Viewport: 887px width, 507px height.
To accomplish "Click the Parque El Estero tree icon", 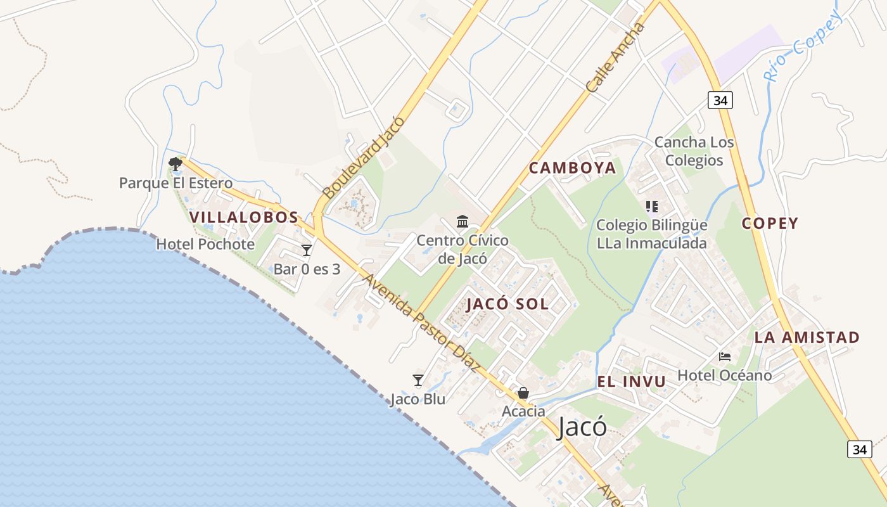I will (175, 165).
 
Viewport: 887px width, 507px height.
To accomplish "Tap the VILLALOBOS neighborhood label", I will (243, 217).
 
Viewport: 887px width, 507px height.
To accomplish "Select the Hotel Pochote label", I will (205, 244).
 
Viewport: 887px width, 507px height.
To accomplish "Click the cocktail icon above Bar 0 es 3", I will (307, 250).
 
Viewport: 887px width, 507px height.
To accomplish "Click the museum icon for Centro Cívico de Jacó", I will (463, 222).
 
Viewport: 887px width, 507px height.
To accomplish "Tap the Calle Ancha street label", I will (615, 58).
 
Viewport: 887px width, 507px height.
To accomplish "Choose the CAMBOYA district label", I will (572, 168).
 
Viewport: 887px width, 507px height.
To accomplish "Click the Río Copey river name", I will (803, 46).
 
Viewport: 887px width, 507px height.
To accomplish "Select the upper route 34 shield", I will (720, 100).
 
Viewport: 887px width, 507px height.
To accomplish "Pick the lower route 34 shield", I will (859, 449).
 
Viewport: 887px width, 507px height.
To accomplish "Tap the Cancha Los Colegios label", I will (694, 151).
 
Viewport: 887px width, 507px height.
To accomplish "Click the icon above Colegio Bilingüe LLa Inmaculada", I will (651, 207).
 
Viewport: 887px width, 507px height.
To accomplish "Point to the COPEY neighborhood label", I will (770, 223).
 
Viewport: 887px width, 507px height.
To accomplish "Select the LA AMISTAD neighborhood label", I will (807, 337).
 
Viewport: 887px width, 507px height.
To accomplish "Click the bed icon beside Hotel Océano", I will (725, 357).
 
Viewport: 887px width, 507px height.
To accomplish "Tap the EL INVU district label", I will (631, 382).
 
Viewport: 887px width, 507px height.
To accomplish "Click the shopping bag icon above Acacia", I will (523, 394).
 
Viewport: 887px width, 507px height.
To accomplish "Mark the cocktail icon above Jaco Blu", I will (418, 380).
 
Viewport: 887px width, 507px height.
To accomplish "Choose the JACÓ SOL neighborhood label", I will (507, 304).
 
